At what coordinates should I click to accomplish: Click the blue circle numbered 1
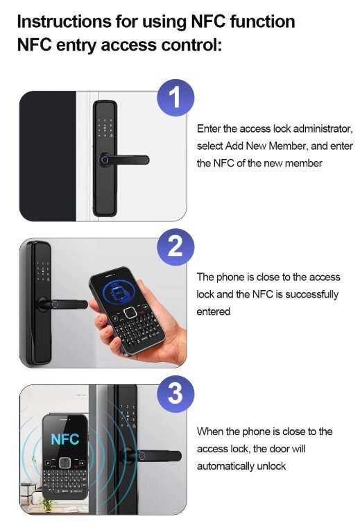(175, 98)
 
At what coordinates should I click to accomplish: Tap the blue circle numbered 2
(175, 247)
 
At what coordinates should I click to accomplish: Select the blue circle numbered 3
(175, 394)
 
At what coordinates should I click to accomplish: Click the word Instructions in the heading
(65, 22)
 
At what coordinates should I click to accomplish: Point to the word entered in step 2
(214, 311)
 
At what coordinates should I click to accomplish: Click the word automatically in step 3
(225, 466)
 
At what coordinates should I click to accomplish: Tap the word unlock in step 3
(271, 466)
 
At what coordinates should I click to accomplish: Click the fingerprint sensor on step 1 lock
(105, 160)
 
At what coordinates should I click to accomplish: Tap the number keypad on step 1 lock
(105, 128)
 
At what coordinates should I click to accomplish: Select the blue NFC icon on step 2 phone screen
(119, 292)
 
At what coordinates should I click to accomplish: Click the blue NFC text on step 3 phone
(65, 439)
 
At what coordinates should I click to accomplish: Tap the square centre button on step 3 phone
(65, 463)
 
